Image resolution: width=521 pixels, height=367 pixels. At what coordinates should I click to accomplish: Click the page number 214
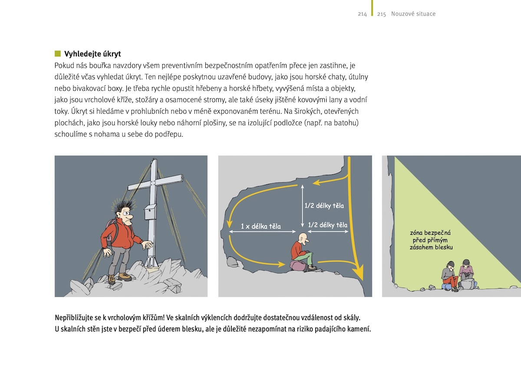coord(362,14)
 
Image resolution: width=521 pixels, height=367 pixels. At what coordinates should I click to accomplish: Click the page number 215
coord(382,14)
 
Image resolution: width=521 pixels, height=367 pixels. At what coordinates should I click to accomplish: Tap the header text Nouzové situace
coord(413,14)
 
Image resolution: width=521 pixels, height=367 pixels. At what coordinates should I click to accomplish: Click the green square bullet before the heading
coord(58,54)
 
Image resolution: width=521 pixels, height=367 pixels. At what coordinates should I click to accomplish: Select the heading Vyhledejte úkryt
coord(92,54)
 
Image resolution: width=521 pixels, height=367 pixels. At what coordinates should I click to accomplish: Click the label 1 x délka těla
coord(260,226)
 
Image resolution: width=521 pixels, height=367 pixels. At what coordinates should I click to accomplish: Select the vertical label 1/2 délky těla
coord(324,206)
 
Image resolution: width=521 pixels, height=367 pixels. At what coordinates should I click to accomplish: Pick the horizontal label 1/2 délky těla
coord(328,225)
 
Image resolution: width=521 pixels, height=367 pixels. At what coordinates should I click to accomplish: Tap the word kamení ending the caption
coord(358,328)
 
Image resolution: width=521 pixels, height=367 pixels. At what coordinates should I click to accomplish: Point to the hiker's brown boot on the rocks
coord(125,276)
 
